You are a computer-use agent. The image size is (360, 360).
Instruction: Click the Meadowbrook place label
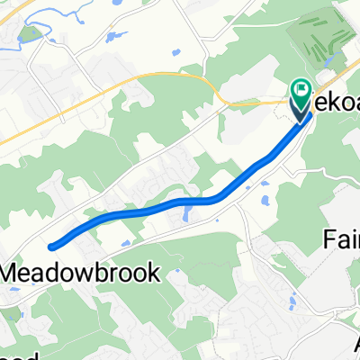pos(82,271)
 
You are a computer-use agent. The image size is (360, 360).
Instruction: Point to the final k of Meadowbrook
pos(155,271)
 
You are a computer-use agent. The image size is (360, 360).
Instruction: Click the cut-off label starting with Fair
pos(341,240)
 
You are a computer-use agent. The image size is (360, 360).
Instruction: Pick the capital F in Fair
pos(328,240)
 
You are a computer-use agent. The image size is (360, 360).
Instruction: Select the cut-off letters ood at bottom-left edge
pos(11,355)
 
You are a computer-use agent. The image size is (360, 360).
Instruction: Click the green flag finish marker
pos(300,89)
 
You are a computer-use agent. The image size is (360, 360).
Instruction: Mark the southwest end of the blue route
pos(52,244)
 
